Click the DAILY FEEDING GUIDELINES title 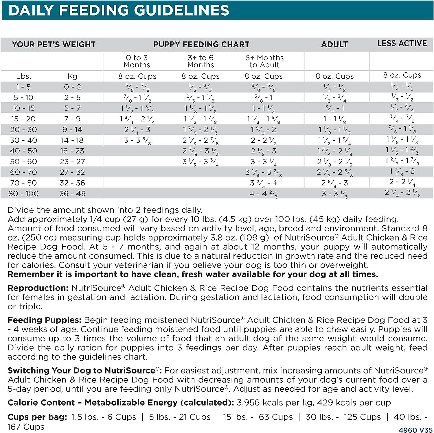point(119,10)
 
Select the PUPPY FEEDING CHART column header point(201,45)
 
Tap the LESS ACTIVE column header point(402,43)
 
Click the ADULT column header point(334,45)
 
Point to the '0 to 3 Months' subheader point(137,61)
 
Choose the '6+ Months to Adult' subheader point(264,61)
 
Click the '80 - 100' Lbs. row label point(23,193)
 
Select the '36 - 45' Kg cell point(72,193)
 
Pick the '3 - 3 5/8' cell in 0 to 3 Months point(137,140)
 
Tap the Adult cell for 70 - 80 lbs point(334,183)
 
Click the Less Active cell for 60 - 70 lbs point(402,171)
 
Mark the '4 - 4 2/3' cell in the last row point(264,194)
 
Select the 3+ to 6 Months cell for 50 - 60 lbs point(201,162)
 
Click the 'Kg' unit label point(72,76)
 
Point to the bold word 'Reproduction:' point(38,288)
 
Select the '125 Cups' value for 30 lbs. point(362,417)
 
